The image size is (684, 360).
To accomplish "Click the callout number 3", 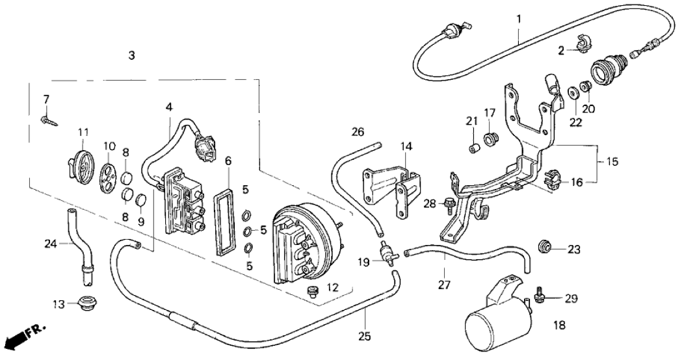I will [132, 56].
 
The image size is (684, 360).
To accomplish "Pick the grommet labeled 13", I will [83, 303].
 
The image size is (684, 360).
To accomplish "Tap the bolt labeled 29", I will [539, 296].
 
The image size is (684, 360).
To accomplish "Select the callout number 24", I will [51, 244].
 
